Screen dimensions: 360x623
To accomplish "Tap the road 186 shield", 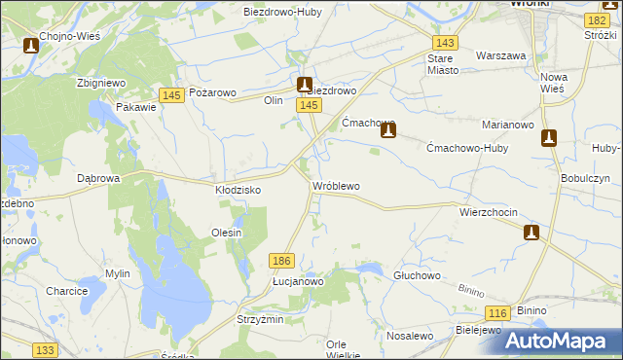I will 282,261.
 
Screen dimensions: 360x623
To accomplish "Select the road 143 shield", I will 446,44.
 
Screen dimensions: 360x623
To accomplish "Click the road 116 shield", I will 498,312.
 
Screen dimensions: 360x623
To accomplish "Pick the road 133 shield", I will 44,349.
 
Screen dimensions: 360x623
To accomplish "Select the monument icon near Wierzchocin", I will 531,232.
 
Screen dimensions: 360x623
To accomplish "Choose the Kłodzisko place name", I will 238,191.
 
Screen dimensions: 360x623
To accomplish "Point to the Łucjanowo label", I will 298,281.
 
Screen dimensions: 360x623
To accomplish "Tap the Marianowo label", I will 505,126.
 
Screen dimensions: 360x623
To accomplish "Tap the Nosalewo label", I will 409,336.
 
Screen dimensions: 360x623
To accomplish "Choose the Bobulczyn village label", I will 585,179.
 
